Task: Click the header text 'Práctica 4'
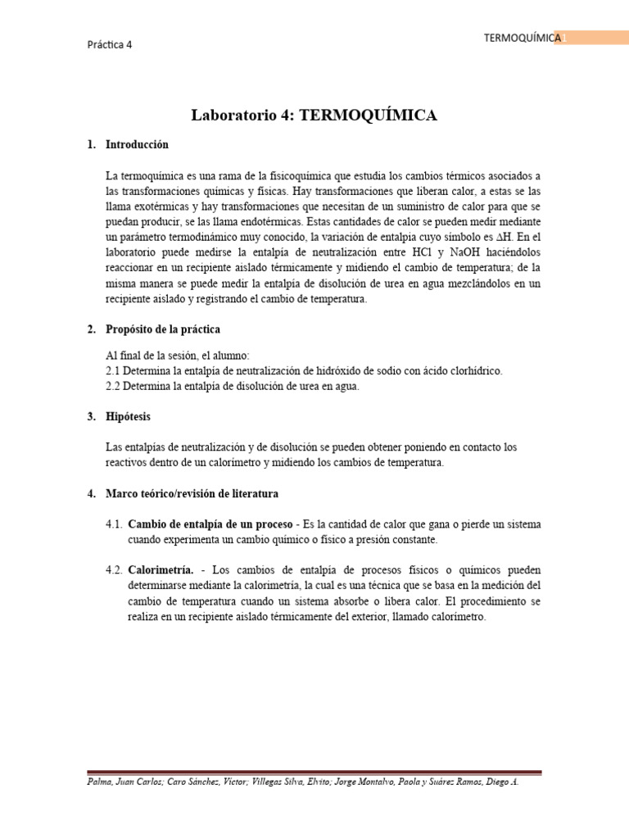[x=109, y=45]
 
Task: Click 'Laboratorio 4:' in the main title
[x=242, y=116]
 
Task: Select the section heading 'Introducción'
[x=137, y=145]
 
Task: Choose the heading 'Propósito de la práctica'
[x=163, y=329]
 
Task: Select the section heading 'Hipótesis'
[x=128, y=417]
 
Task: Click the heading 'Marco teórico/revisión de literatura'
[x=192, y=494]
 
